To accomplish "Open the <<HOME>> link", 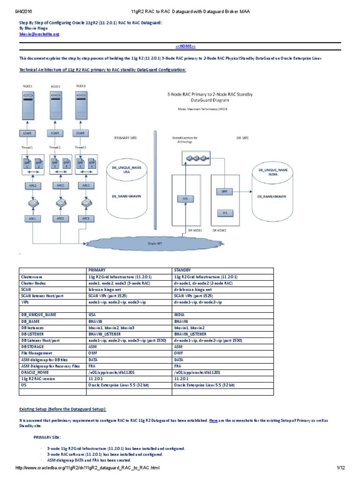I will [x=185, y=46].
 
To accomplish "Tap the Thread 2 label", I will [x=56, y=147].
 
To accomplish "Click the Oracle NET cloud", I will [x=155, y=243].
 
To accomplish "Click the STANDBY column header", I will [x=183, y=270].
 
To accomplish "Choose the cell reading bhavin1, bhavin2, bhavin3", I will [x=112, y=328].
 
